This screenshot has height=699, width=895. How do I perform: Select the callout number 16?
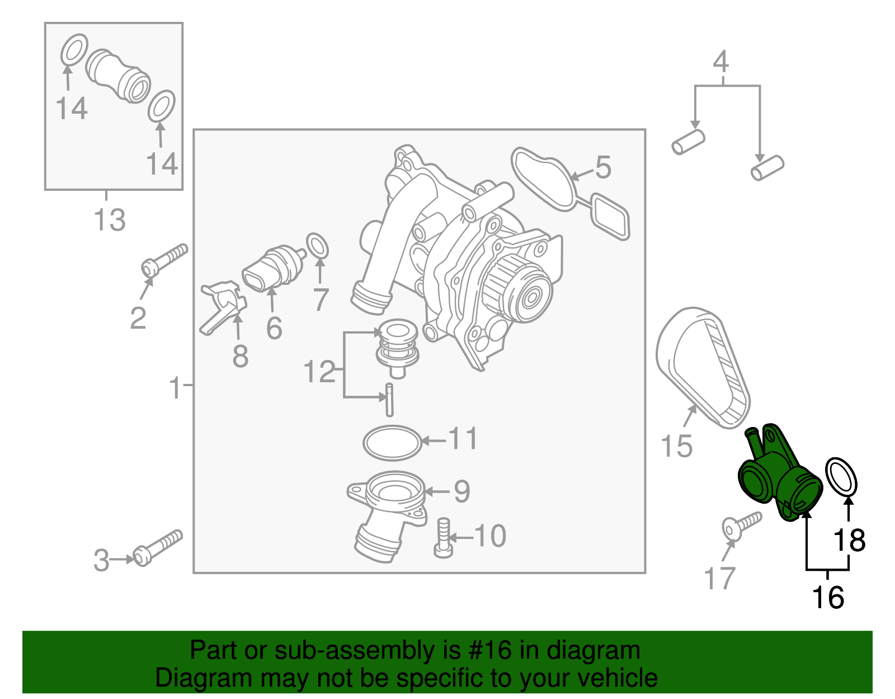pos(827,598)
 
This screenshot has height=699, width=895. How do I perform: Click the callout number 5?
pos(603,167)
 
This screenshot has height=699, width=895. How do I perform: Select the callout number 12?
pos(319,372)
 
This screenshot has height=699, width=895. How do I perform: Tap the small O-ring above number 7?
pos(318,246)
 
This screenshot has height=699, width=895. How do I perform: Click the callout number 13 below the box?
pos(110,220)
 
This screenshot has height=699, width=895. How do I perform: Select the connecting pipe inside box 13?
pos(117,76)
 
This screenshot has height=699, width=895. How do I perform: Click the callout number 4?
pos(721,62)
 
